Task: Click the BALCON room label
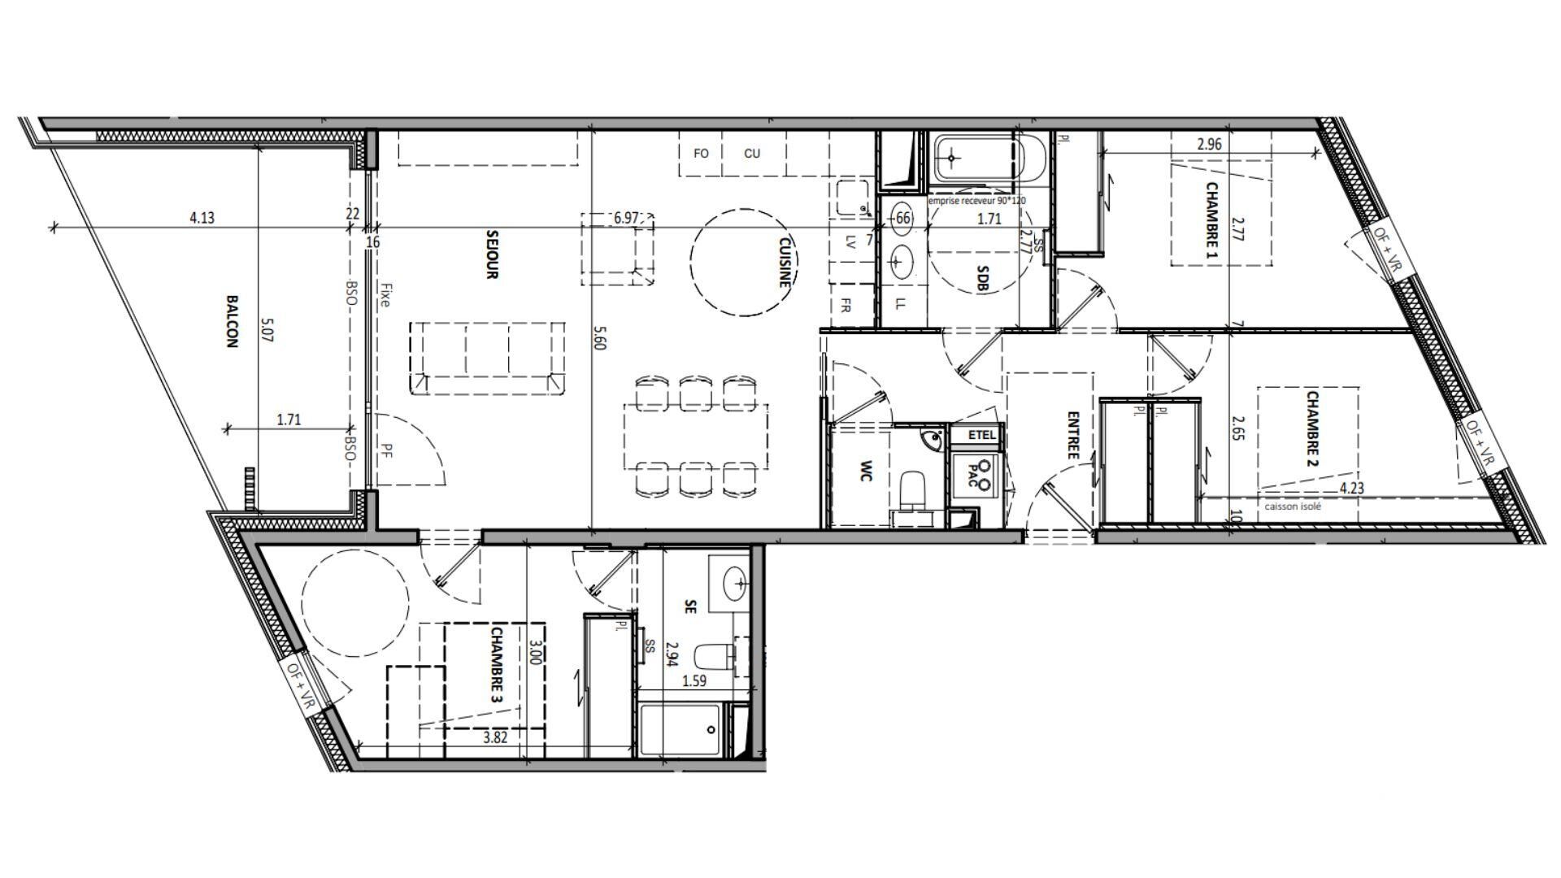click(231, 321)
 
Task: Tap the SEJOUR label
click(491, 254)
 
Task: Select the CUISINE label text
click(785, 262)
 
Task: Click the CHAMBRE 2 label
click(1311, 429)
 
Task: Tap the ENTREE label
click(1073, 435)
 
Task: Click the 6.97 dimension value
click(628, 218)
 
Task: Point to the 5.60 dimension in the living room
click(599, 337)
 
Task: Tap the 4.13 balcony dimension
click(202, 218)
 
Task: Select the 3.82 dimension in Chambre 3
click(496, 737)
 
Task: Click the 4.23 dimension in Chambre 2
click(1351, 488)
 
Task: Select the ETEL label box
click(981, 435)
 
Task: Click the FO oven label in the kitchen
click(701, 153)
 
